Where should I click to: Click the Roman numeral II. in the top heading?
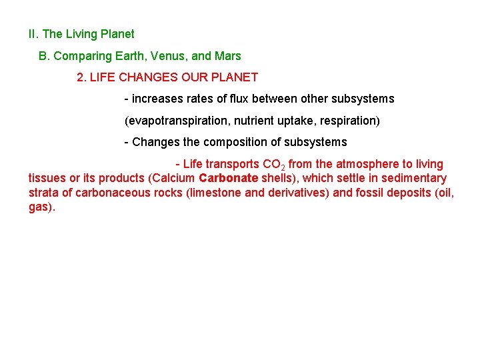[34, 34]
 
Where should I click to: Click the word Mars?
[227, 56]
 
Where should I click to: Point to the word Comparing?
[81, 57]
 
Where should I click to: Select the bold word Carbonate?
[228, 178]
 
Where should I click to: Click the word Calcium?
[175, 178]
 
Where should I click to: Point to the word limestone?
[213, 193]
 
